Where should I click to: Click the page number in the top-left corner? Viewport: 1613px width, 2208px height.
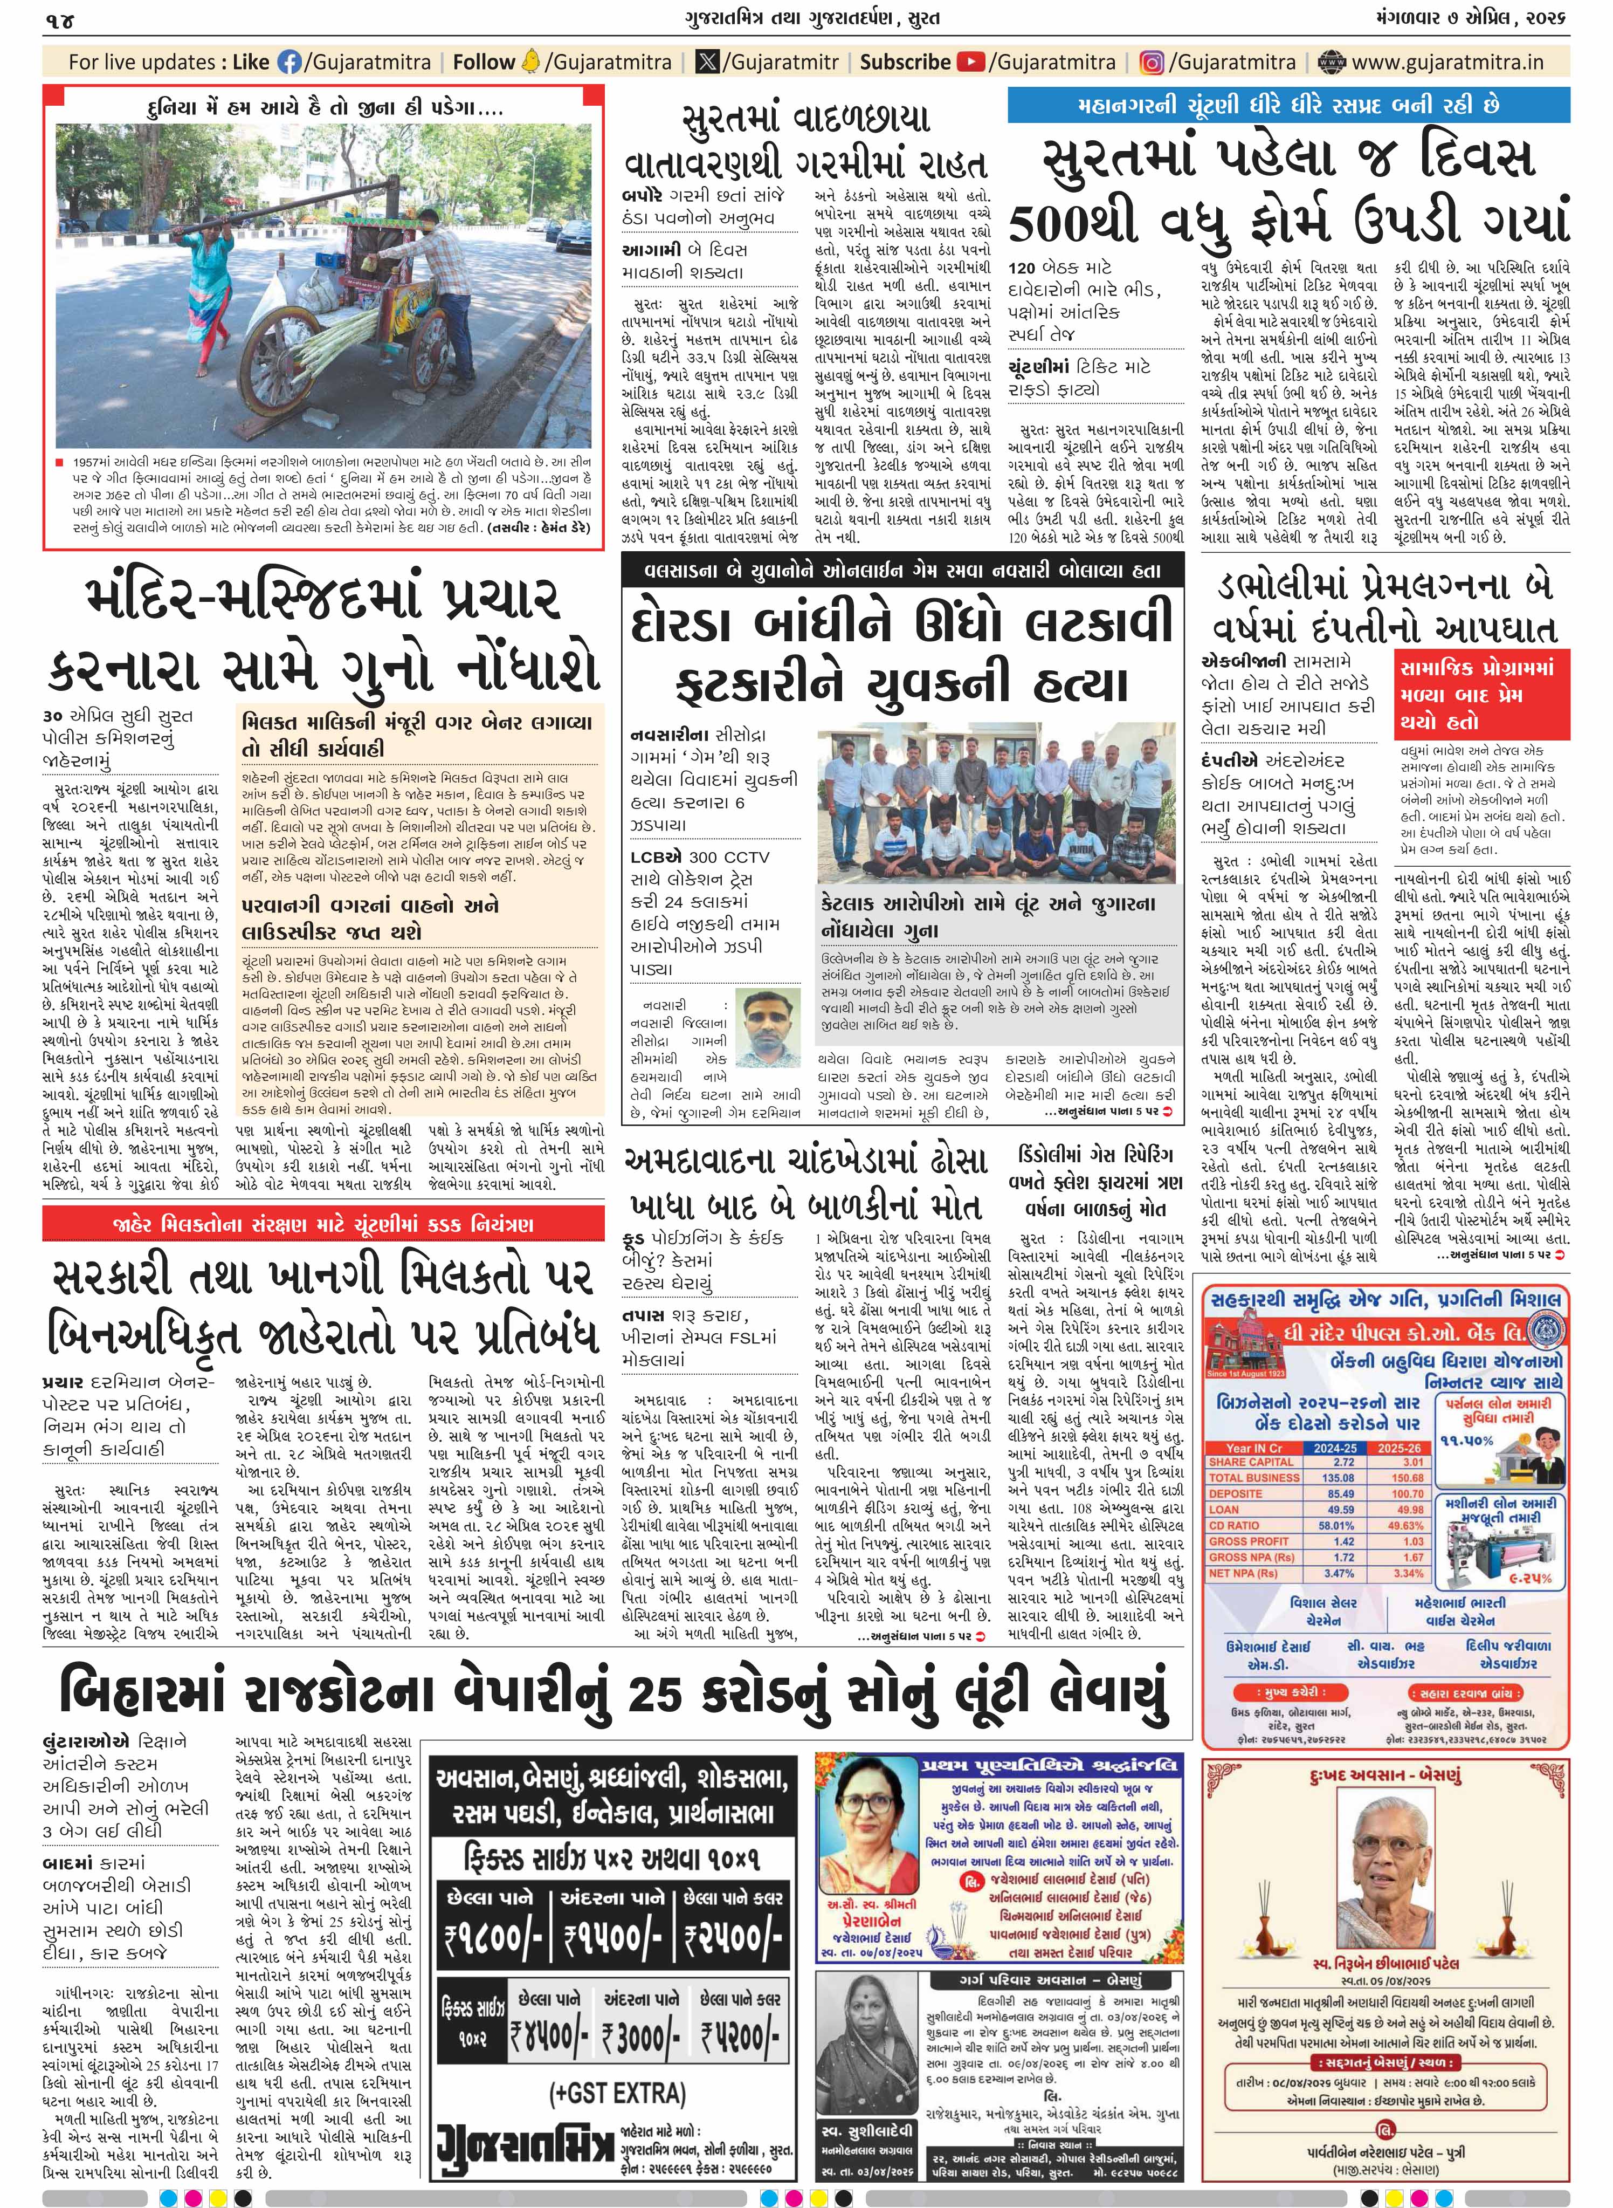point(60,19)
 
